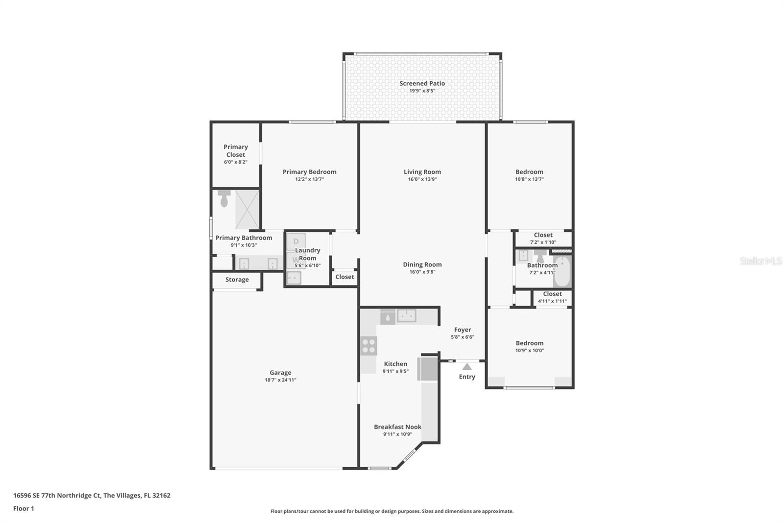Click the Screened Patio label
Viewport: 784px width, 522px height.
(422, 84)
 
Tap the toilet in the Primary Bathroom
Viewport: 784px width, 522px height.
(224, 198)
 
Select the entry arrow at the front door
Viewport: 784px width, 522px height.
(467, 367)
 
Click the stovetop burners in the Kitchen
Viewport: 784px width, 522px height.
(368, 346)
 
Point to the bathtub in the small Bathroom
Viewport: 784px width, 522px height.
(562, 272)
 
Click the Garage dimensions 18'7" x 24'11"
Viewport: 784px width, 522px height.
(280, 380)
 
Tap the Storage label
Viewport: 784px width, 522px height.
(237, 280)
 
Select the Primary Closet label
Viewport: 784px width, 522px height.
(236, 150)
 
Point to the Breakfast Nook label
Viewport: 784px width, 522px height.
(397, 427)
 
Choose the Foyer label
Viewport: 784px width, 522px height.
(463, 330)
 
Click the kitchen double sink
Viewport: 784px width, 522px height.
(406, 316)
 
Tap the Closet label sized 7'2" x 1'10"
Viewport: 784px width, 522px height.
(543, 235)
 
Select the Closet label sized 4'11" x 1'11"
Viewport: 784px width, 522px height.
(552, 294)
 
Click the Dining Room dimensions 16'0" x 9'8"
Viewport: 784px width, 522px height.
(422, 272)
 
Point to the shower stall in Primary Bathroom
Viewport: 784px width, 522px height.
(247, 210)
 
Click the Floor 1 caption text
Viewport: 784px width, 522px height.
(24, 508)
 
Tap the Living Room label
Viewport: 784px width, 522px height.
(422, 172)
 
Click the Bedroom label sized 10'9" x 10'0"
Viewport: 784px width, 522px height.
(529, 343)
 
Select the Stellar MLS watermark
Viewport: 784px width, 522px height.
(760, 261)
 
